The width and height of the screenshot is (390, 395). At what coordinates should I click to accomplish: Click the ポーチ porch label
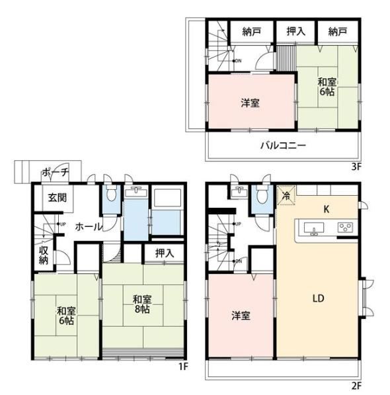[56, 172]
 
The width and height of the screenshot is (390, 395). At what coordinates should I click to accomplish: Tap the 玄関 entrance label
[58, 198]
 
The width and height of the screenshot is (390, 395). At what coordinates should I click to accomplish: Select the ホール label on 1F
[89, 227]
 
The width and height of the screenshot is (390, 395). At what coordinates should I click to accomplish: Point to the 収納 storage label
[43, 255]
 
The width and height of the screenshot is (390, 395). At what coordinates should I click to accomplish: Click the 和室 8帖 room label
[142, 304]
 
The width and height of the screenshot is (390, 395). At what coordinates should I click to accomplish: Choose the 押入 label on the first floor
[165, 253]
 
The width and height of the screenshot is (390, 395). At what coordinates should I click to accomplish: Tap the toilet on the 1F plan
[110, 193]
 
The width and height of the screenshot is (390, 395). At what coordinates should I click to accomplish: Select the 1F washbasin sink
[136, 192]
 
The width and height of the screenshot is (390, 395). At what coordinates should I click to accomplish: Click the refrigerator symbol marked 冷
[286, 195]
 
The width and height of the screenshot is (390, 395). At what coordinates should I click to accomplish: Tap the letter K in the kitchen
[327, 209]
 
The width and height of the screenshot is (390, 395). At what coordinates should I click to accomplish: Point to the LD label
[318, 298]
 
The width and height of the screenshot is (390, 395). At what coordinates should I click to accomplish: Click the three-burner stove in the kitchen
[345, 228]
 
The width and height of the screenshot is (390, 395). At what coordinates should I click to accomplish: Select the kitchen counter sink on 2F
[314, 228]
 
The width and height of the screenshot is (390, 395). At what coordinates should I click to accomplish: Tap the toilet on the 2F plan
[262, 195]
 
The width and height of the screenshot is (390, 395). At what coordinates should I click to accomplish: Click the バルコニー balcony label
[283, 146]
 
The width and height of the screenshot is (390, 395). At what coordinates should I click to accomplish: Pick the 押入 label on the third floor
[296, 31]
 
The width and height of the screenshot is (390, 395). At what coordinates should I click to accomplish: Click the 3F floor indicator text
[356, 167]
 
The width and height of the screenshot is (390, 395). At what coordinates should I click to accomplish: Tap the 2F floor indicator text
[356, 386]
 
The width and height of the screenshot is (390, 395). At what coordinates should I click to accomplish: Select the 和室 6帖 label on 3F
[327, 87]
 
